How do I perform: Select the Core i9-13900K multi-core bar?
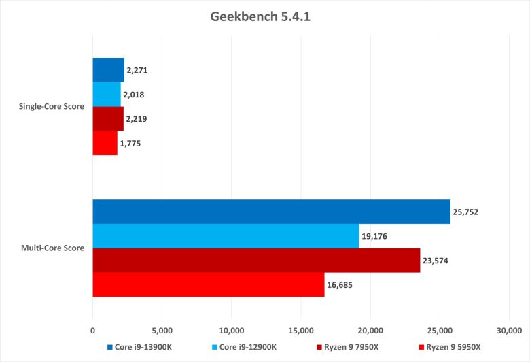click(x=271, y=212)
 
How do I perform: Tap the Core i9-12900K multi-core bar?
click(x=226, y=236)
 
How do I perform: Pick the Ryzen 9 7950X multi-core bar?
click(x=256, y=261)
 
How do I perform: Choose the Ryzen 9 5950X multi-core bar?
click(x=208, y=284)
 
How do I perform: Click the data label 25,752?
click(x=467, y=212)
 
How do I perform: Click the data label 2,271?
click(x=137, y=70)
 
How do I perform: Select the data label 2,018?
click(x=133, y=95)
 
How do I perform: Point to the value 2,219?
click(x=136, y=119)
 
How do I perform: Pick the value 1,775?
click(x=130, y=144)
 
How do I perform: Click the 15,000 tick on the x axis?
click(x=301, y=331)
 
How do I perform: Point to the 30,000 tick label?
click(x=509, y=331)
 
